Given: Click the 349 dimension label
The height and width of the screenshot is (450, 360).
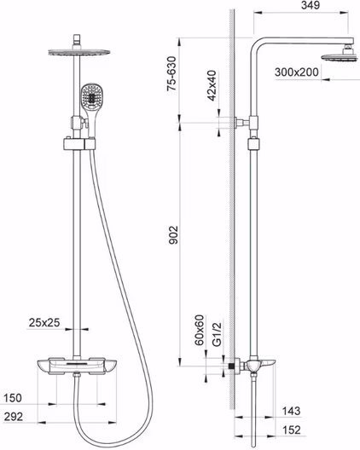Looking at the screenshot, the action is (x=311, y=5).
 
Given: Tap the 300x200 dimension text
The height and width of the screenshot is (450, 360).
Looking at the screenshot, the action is (x=297, y=72).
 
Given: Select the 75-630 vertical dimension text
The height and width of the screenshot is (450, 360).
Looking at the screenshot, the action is (x=171, y=74).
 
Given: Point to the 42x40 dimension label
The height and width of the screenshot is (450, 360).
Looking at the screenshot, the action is (x=212, y=85).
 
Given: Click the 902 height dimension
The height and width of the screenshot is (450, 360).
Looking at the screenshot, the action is (x=173, y=235).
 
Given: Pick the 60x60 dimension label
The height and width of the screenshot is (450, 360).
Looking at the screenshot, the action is (x=199, y=330).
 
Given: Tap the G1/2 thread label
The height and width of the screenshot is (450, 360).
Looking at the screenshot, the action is (x=217, y=334).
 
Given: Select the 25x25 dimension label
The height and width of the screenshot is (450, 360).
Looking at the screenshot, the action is (x=44, y=322).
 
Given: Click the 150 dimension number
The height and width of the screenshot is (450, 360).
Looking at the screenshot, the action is (x=13, y=398).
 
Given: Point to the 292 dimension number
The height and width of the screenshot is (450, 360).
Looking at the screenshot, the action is (x=13, y=417).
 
